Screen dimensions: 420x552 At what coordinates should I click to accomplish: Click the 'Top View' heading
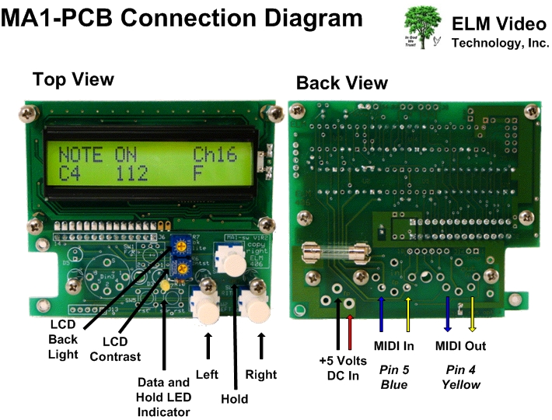73,79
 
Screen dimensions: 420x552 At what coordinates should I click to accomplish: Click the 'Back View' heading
342,83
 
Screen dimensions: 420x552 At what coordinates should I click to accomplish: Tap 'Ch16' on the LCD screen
215,154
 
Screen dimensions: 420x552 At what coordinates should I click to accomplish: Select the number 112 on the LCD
132,173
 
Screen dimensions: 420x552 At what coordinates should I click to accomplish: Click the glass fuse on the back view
333,254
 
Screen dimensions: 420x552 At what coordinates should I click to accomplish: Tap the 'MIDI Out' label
460,345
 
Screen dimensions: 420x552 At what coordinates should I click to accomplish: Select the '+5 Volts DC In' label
343,368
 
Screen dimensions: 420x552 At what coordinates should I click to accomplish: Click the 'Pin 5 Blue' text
394,376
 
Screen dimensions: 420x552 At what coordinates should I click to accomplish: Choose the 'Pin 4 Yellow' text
461,376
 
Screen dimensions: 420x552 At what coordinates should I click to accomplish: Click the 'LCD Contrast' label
115,348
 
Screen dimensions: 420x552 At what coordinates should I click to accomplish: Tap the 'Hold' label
234,399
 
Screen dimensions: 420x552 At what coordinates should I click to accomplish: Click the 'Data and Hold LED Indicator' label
163,397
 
